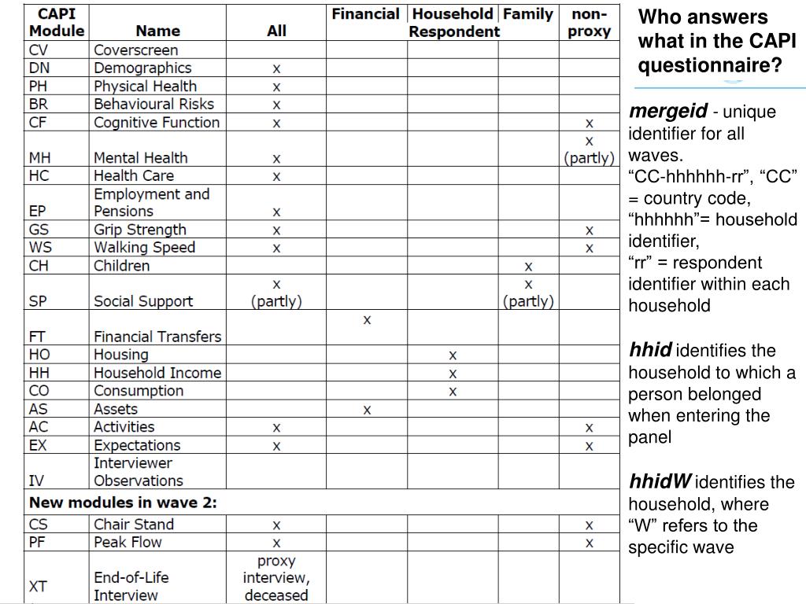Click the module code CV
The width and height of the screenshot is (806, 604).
[39, 50]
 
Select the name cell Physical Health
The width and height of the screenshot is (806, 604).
[145, 86]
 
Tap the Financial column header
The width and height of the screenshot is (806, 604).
[365, 14]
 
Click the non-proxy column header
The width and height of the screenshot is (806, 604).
[589, 23]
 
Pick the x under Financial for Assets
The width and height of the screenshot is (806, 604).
[367, 409]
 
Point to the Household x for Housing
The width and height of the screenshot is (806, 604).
[453, 355]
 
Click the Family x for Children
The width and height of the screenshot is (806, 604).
[528, 266]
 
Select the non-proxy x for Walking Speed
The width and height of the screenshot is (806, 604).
[589, 248]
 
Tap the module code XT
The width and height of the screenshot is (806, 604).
[39, 586]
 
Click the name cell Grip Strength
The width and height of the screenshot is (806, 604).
[140, 230]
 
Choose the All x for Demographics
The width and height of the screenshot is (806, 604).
[276, 68]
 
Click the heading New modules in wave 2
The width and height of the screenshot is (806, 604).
[123, 502]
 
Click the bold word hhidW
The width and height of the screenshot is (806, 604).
[660, 481]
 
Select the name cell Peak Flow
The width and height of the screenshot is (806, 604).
[128, 542]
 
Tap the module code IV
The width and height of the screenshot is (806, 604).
[36, 481]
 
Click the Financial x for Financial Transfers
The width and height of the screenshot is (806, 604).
[367, 320]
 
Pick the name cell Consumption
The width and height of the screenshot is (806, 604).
[139, 391]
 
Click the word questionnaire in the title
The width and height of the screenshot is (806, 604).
[710, 64]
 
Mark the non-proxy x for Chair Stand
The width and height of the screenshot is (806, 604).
[589, 525]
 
